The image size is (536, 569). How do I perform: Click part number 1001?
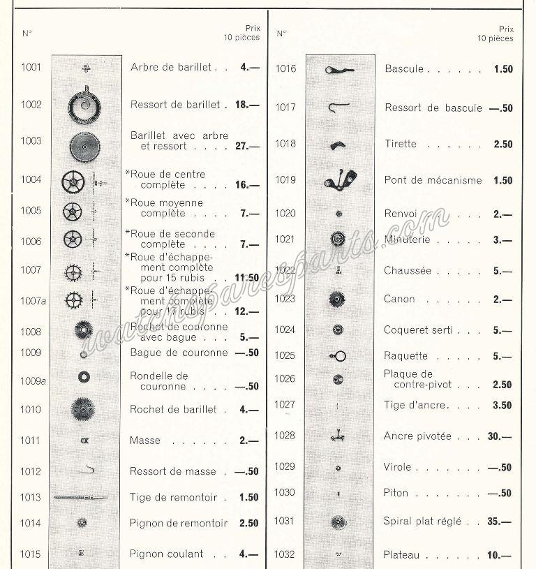[31, 68]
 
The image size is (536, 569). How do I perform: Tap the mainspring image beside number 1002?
[84, 105]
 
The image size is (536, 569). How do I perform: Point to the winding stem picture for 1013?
[81, 497]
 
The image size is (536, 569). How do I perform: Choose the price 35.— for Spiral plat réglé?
[500, 522]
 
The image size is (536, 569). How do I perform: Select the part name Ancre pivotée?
[417, 436]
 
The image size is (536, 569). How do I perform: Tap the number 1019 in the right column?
[285, 180]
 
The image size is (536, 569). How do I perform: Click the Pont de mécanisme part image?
[340, 180]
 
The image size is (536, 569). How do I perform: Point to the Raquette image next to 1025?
[338, 356]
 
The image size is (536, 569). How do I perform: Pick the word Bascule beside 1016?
[404, 69]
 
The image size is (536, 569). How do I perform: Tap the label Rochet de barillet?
[173, 410]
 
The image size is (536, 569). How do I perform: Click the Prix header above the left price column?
[252, 29]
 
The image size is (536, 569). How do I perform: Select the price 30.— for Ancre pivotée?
[500, 436]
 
